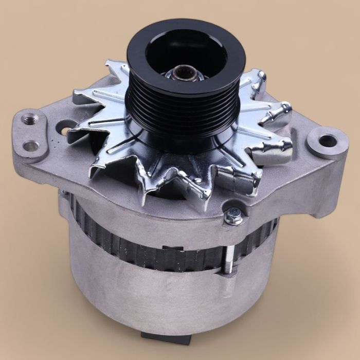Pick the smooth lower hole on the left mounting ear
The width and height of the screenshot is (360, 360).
[32, 146]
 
